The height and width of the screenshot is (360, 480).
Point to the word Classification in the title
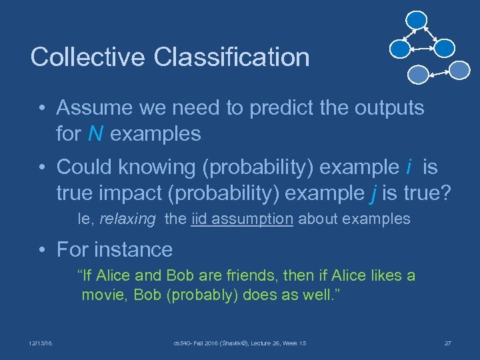point(232,57)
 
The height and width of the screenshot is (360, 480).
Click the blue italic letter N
point(95,134)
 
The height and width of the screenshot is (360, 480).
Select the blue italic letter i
point(408,166)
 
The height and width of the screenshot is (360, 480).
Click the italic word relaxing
point(127,219)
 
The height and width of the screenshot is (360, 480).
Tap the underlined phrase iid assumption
point(241,219)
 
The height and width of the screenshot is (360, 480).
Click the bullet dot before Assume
point(41,109)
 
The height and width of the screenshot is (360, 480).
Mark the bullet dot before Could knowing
point(41,167)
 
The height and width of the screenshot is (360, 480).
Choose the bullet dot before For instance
point(41,251)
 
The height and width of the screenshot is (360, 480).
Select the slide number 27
point(448,343)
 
